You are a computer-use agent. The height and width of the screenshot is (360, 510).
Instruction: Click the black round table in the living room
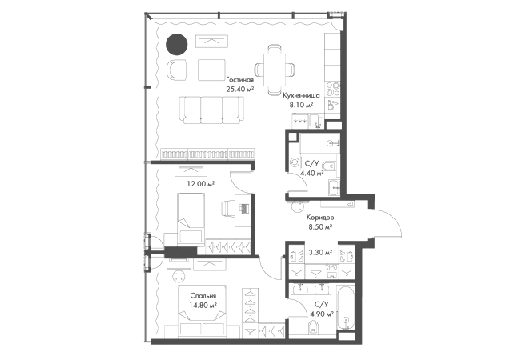click(177, 45)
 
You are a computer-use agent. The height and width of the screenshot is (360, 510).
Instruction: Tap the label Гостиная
click(240, 80)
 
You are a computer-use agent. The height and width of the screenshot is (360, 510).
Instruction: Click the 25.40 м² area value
click(240, 89)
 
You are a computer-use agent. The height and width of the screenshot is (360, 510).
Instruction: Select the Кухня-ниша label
click(301, 95)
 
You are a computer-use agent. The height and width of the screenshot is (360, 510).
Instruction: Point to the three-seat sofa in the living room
click(211, 110)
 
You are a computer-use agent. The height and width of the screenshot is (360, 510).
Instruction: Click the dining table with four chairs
click(275, 70)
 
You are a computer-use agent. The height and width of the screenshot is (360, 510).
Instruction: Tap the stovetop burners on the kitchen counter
click(333, 89)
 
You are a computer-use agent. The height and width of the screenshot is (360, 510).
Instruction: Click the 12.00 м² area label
click(201, 184)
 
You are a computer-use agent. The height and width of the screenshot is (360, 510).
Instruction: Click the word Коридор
click(320, 218)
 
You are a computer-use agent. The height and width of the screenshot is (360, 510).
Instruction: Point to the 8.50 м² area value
click(320, 226)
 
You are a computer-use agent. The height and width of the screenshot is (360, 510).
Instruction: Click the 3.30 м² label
click(320, 252)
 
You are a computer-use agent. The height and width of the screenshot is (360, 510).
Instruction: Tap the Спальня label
click(203, 296)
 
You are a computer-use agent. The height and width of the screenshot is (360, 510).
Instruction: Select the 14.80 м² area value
click(203, 306)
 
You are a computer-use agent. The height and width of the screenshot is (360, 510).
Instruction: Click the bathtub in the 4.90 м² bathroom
click(345, 308)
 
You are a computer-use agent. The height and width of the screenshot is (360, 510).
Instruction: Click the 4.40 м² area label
click(312, 173)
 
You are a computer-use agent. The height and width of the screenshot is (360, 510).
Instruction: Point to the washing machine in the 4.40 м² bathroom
click(295, 162)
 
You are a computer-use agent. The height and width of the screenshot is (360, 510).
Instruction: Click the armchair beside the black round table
click(177, 70)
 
